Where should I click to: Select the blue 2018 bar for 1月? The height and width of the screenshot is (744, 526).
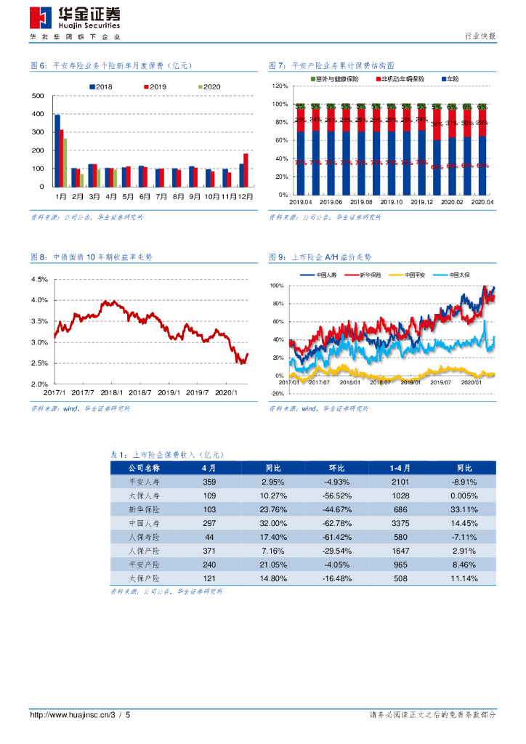tap(57, 150)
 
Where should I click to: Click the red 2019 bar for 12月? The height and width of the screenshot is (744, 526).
tap(246, 170)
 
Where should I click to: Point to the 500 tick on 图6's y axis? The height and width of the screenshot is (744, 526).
tap(38, 97)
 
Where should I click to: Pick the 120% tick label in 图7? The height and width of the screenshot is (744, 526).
tap(280, 86)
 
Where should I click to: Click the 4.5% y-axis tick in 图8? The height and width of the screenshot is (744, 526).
tap(39, 280)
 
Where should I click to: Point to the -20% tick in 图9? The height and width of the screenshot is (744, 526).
tap(277, 393)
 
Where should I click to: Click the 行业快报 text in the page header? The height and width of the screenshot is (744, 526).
tap(480, 36)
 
